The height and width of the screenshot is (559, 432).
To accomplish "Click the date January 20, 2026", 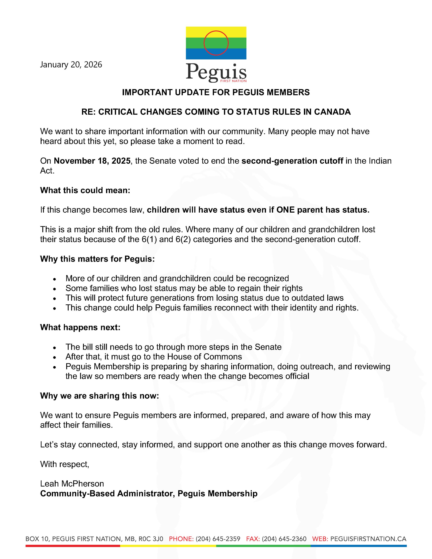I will [71, 65].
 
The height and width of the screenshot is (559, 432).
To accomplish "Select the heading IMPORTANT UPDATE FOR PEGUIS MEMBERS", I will [216, 92].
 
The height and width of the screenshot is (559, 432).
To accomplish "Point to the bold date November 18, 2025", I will [92, 161].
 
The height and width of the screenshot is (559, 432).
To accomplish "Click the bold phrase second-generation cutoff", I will [292, 161].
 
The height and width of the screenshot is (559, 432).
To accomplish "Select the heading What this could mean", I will [85, 190].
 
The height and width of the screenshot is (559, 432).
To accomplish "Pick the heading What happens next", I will [80, 327].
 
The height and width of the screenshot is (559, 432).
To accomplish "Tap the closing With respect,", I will [65, 464].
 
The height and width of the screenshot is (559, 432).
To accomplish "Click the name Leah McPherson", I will [72, 483].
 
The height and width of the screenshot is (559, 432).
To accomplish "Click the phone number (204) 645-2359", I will [218, 539].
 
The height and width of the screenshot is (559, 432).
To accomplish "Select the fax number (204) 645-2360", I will [284, 539].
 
